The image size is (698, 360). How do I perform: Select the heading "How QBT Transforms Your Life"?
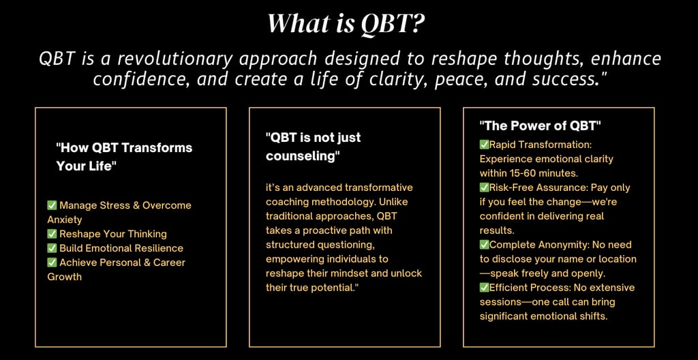[124, 157]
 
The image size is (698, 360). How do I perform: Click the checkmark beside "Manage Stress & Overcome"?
[52, 205]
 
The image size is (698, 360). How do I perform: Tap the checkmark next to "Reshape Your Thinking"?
[52, 234]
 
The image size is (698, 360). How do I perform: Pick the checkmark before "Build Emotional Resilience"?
[52, 248]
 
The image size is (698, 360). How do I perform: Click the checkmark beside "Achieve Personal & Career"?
[52, 262]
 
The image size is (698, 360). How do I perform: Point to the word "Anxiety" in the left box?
[65, 220]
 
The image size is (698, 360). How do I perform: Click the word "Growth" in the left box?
[65, 277]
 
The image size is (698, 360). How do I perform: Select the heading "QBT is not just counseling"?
[314, 147]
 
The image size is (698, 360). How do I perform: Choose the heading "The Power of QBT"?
[541, 126]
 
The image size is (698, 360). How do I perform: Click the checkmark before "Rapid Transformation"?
[485, 145]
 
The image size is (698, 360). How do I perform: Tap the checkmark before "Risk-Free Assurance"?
[485, 187]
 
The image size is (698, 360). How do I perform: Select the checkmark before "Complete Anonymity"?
[485, 245]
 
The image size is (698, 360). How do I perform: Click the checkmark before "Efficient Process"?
[485, 287]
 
